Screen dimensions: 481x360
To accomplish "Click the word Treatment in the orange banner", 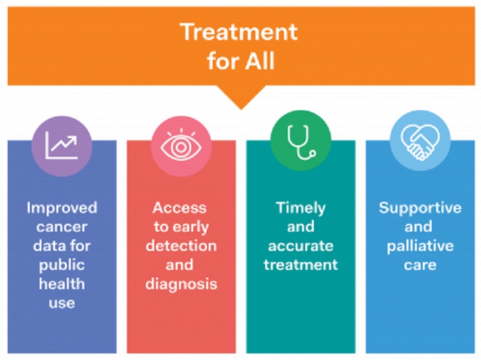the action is tap(239, 32).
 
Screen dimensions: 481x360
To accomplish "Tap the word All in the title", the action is tap(259, 61).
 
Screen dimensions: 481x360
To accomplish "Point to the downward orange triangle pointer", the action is tap(241, 97).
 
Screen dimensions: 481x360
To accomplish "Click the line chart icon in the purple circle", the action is tap(62, 145).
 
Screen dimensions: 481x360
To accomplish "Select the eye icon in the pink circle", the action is tap(181, 145).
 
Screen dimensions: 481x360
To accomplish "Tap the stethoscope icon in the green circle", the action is tap(301, 143).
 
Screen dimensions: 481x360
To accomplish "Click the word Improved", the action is tap(62, 208).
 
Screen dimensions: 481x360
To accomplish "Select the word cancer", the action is tap(62, 227).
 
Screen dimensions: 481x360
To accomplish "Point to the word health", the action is tap(62, 284).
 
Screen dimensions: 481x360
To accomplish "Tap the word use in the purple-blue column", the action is tap(62, 303).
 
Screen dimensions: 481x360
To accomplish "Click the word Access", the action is tap(180, 208).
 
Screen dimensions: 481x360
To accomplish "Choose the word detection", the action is tap(181, 246).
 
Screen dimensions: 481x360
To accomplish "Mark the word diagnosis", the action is tap(182, 284).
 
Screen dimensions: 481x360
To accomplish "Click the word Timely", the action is tap(301, 208).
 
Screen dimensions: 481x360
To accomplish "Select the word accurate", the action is tap(301, 246).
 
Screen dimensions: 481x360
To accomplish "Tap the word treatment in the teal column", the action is tap(301, 265).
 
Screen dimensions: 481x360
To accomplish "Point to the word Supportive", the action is tap(420, 208).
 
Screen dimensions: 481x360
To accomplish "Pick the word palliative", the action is tap(420, 246).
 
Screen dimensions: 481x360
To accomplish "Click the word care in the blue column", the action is tap(420, 265).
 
